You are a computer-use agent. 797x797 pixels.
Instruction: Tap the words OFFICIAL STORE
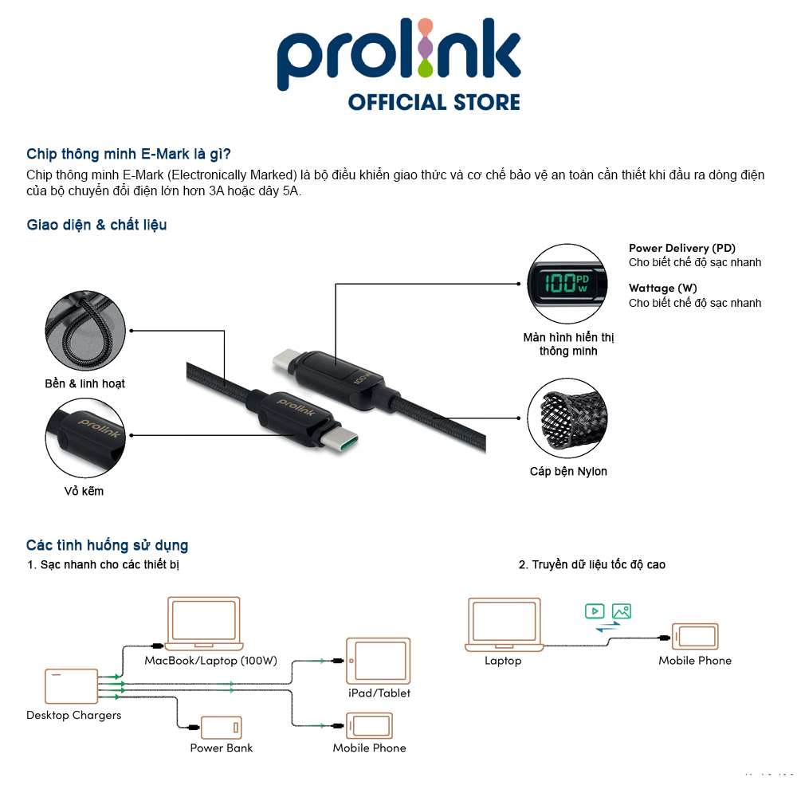pos(434,103)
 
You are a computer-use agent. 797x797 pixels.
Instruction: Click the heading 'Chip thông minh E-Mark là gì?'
pos(128,154)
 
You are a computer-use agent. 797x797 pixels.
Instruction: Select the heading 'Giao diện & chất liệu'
pos(96,225)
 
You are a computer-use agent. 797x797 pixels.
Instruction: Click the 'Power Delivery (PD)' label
pos(681,248)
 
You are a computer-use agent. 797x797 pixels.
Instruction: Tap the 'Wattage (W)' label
pos(662,288)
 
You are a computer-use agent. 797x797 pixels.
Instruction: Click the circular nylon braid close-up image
pos(567,414)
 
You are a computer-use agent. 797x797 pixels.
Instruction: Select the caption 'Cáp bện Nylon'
pos(568,471)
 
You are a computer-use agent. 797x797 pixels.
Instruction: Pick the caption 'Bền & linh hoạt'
pos(84,383)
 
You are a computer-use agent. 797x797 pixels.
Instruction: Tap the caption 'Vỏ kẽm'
pos(84,491)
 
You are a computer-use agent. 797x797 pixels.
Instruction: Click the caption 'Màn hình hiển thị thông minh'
pos(568,344)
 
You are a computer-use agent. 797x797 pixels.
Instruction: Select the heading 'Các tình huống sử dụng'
pos(107,546)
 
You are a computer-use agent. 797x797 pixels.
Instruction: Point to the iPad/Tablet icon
pos(379,660)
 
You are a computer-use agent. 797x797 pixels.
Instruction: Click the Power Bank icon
pos(221,728)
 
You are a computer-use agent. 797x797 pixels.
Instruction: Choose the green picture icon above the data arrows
pos(622,611)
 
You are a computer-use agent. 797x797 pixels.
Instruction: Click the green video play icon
pos(594,611)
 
